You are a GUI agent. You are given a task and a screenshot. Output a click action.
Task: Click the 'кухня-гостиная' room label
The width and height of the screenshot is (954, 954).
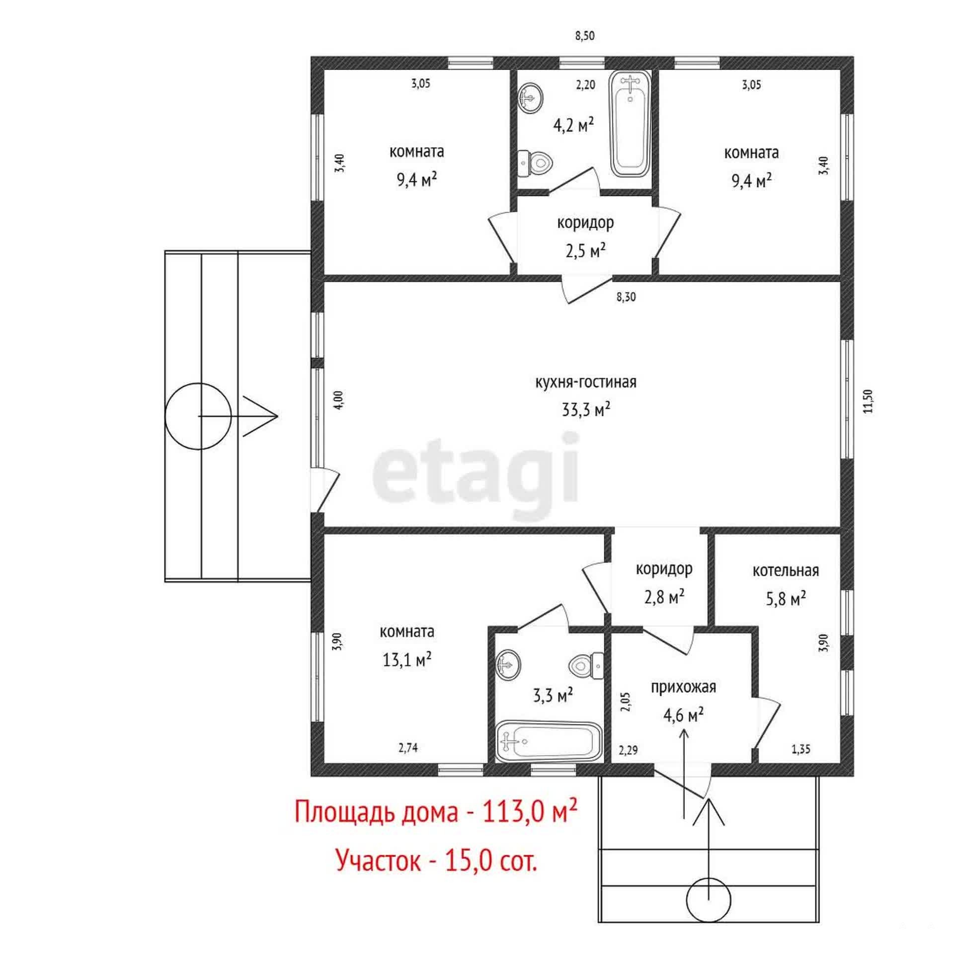(x=586, y=383)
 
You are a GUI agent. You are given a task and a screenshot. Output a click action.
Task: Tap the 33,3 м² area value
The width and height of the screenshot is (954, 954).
(x=586, y=410)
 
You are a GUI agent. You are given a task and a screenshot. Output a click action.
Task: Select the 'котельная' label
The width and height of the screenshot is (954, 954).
(x=786, y=570)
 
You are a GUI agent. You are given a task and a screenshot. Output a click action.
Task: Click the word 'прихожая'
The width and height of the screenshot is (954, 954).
(x=683, y=688)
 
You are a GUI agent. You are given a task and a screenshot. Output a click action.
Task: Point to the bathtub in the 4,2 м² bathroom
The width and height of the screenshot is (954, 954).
(x=631, y=124)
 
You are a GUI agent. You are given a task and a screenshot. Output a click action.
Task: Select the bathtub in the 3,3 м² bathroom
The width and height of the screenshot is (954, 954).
(x=549, y=741)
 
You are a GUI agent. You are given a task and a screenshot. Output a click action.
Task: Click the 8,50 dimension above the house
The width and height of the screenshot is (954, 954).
(x=585, y=36)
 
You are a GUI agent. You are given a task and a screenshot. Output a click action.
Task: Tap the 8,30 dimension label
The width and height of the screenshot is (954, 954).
(x=626, y=297)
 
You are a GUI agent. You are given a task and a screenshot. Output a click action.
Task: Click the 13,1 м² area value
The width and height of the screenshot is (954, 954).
(x=407, y=660)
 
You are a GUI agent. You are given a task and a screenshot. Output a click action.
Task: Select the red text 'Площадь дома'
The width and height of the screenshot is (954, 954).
(x=376, y=813)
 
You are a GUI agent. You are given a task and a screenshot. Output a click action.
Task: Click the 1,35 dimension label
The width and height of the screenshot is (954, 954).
(x=801, y=749)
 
